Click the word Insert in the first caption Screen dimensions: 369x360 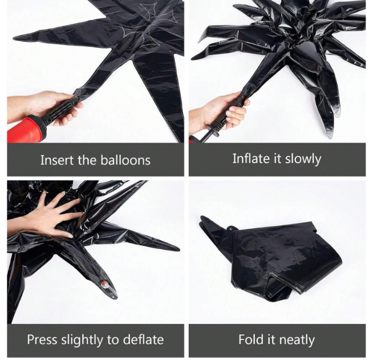coord(58,160)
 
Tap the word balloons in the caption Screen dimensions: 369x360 coord(125,160)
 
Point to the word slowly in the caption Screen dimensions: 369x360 coord(303,159)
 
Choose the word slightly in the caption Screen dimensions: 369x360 coord(82,340)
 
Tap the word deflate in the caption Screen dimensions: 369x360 coord(143,339)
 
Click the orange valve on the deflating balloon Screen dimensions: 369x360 coord(104,283)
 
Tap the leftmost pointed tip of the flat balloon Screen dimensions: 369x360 coord(13,38)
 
